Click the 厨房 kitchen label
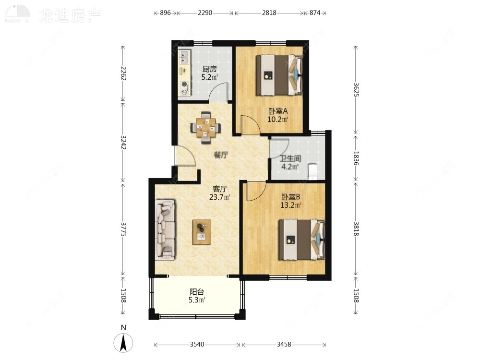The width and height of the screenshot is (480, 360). coord(209,69)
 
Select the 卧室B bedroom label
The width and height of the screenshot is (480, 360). coord(291,197)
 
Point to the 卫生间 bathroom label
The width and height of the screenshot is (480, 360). coord(290,159)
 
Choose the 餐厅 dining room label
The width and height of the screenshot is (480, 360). coord(220,155)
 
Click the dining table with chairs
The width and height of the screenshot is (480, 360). coord(206,128)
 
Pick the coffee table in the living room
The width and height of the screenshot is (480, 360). coord(202,232)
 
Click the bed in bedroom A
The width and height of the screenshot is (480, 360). coord(279,75)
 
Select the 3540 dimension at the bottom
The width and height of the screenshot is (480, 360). coord(197,344)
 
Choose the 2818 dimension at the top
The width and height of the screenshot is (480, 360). coord(269,13)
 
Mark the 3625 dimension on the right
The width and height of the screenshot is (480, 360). coord(356,89)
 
